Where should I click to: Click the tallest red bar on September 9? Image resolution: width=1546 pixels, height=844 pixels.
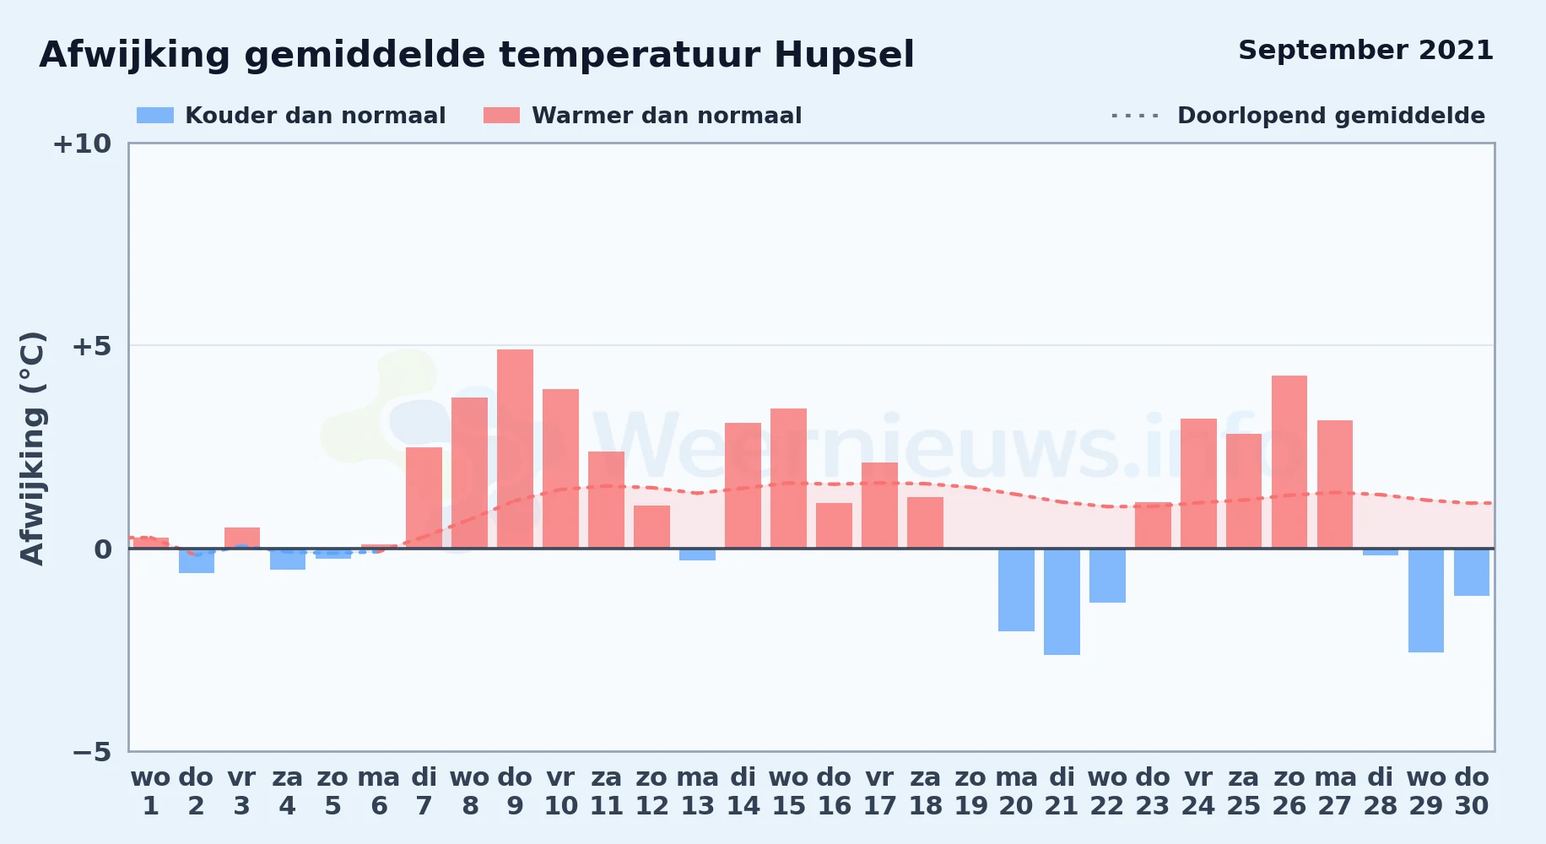515,449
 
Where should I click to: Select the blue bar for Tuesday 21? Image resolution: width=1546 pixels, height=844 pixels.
1062,602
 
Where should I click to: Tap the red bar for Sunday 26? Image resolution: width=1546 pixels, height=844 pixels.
1289,462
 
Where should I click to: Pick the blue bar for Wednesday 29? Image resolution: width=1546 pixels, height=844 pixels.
1426,600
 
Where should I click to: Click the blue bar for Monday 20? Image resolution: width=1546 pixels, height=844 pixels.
1016,590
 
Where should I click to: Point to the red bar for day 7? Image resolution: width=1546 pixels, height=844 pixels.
424,498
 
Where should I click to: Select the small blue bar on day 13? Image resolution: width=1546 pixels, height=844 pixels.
697,555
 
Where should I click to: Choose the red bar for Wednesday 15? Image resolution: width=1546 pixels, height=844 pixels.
788,479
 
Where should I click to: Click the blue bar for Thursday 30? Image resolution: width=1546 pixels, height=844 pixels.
1472,572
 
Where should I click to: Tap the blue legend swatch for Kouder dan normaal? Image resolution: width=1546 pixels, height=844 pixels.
155,116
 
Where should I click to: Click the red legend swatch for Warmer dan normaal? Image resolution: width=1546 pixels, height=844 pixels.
501,116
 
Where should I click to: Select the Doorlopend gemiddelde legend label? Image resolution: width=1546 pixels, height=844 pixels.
1331,116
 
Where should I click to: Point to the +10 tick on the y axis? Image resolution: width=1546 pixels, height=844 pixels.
82,143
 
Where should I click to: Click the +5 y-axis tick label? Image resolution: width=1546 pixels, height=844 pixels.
91,346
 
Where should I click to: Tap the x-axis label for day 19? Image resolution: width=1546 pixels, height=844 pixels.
970,792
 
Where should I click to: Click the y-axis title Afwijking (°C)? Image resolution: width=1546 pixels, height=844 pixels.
32,448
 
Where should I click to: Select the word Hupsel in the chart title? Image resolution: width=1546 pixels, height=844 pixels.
844,56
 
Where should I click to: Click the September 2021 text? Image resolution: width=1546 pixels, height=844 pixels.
1365,51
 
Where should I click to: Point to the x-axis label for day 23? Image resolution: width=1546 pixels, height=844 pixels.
1153,792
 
